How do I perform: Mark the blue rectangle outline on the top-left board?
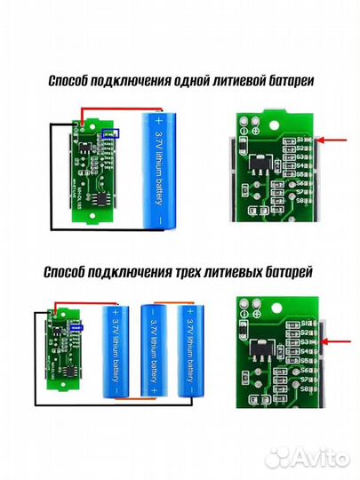[110, 133]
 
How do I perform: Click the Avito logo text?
[316, 457]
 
